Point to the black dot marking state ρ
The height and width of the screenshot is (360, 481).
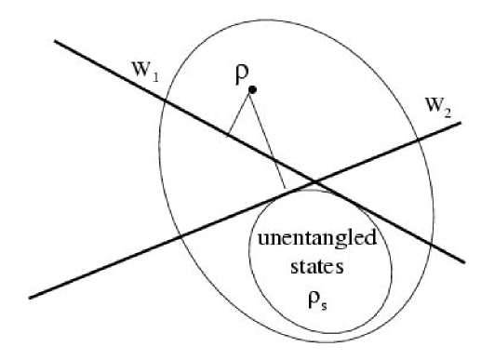coord(252,89)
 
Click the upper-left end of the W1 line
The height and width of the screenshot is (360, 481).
coord(56,41)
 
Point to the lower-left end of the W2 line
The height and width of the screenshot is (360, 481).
coord(31,298)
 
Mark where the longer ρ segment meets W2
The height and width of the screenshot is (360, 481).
coord(285,190)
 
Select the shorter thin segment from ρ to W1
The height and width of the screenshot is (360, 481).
coord(239,113)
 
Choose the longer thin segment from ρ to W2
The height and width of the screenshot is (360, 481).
coord(268,140)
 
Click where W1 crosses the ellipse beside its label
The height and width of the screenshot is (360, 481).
coord(164,100)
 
